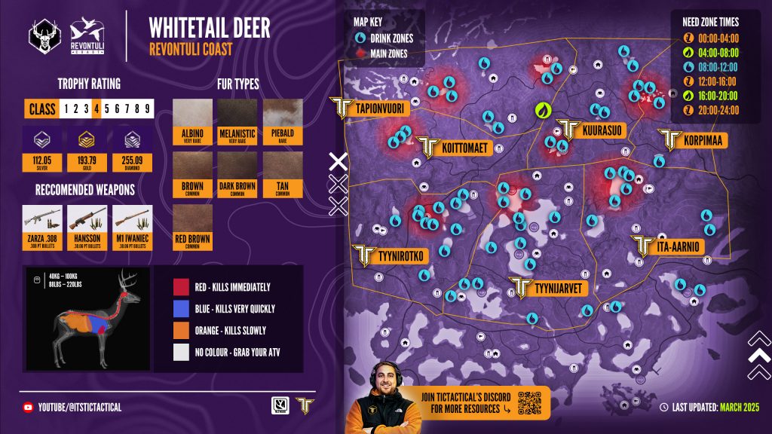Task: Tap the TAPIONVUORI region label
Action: (381, 108)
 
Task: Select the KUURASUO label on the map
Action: (602, 130)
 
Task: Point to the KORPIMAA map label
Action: (701, 140)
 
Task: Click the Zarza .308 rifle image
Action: (42, 219)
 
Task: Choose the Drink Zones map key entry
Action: (385, 38)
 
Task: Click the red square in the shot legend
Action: (179, 287)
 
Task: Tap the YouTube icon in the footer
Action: (28, 408)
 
